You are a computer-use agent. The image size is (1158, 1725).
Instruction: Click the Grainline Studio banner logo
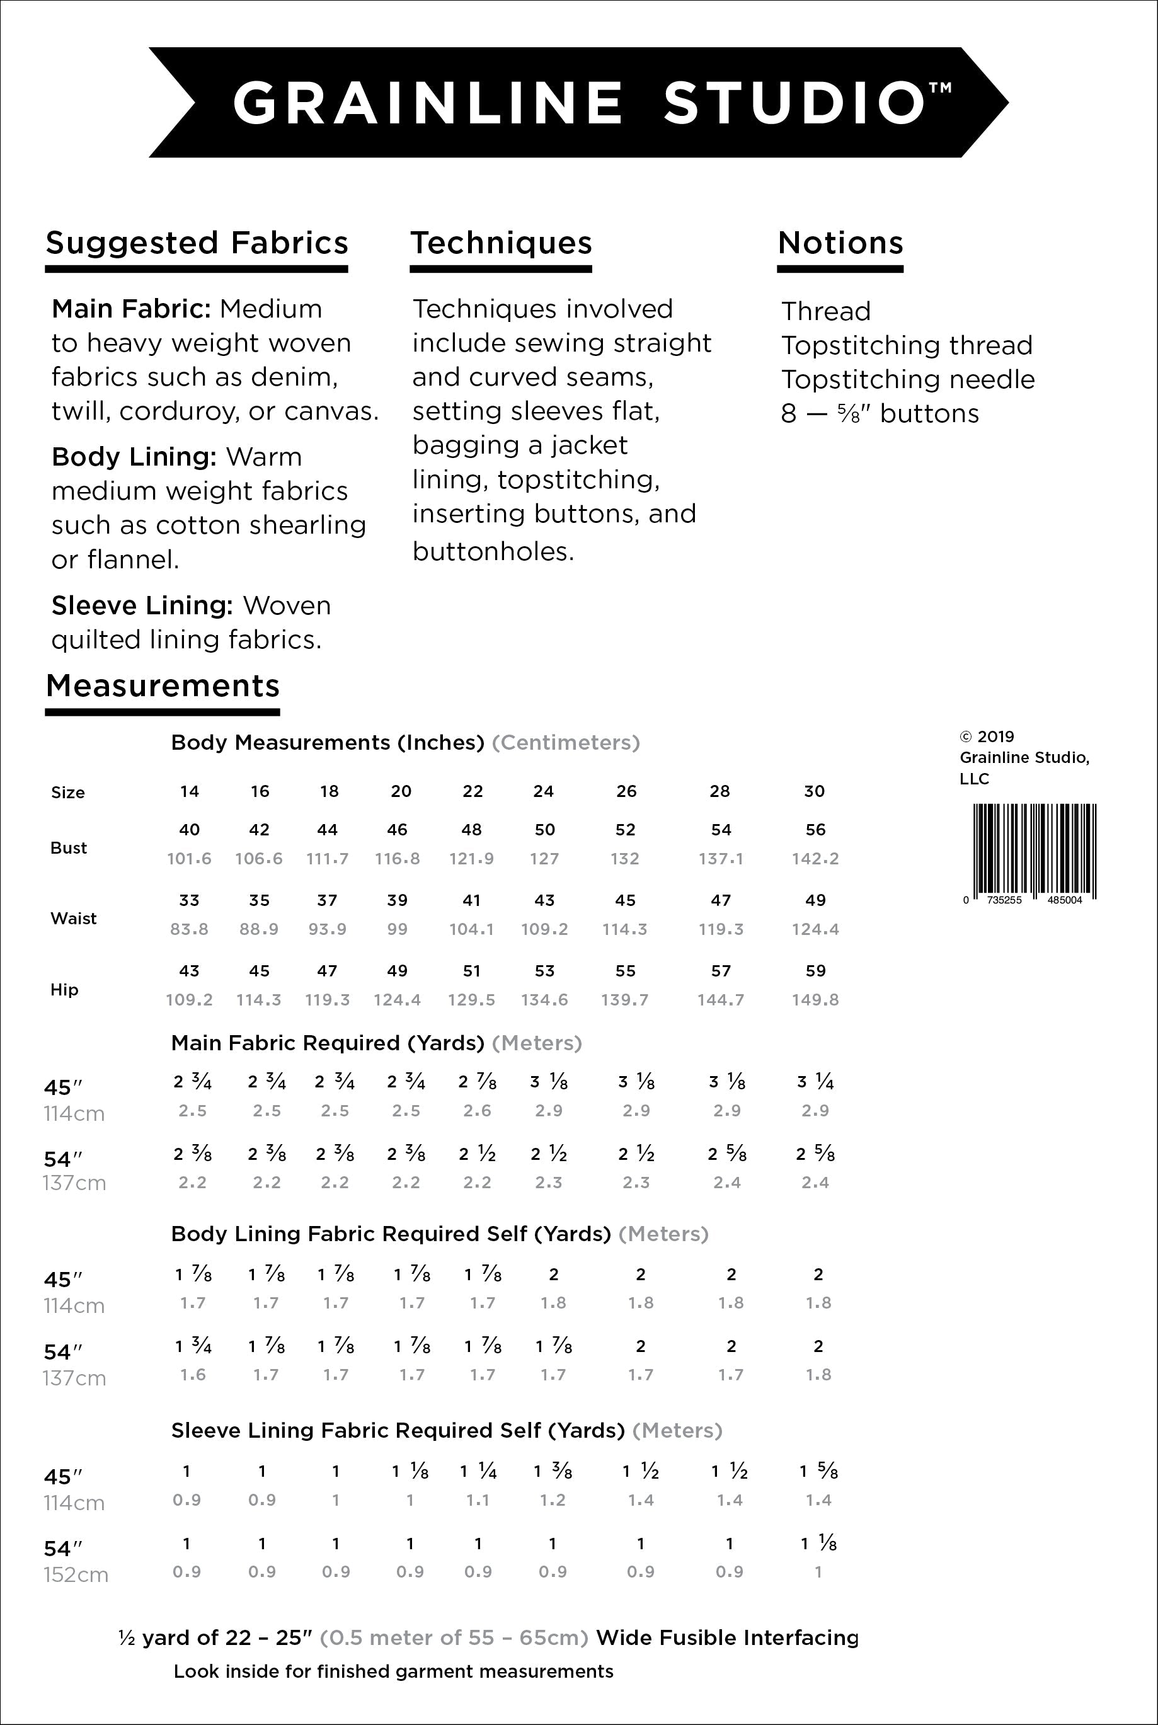click(578, 102)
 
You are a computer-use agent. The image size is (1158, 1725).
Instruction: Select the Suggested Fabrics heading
click(197, 243)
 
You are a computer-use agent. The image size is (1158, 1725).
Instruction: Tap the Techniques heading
click(502, 243)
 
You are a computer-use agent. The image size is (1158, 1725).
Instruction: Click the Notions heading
click(840, 243)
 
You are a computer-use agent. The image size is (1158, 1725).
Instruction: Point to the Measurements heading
click(163, 686)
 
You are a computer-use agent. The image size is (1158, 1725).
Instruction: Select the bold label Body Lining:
click(134, 457)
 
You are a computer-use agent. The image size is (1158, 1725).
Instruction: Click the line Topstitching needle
click(908, 379)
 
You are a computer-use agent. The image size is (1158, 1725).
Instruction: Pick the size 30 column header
click(814, 791)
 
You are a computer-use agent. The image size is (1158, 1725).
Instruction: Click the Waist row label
click(73, 919)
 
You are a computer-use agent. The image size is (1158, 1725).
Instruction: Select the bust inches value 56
click(815, 830)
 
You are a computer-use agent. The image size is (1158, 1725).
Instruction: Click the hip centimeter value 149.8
click(815, 1000)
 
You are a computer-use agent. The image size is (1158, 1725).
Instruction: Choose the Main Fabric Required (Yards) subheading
click(327, 1043)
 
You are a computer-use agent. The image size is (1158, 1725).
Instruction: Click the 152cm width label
click(76, 1575)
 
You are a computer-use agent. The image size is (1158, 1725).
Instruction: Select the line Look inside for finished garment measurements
click(393, 1672)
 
